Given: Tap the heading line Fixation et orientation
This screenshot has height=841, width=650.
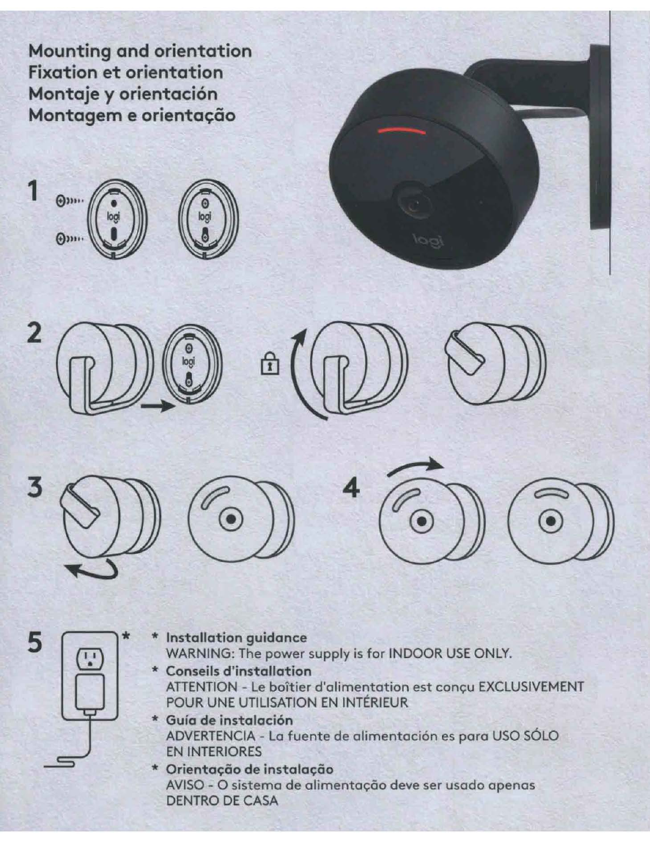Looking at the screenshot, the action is pyautogui.click(x=126, y=73).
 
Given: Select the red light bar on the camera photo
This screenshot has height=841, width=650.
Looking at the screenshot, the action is pyautogui.click(x=401, y=131).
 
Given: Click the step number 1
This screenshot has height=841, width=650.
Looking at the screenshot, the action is pyautogui.click(x=34, y=192).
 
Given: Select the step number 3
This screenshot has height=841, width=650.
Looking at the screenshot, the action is pyautogui.click(x=35, y=487).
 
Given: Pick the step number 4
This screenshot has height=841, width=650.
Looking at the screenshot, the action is pyautogui.click(x=352, y=487).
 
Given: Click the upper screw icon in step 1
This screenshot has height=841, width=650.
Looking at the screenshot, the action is pyautogui.click(x=70, y=201).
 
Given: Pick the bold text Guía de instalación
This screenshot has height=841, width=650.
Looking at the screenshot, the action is pyautogui.click(x=229, y=720).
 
